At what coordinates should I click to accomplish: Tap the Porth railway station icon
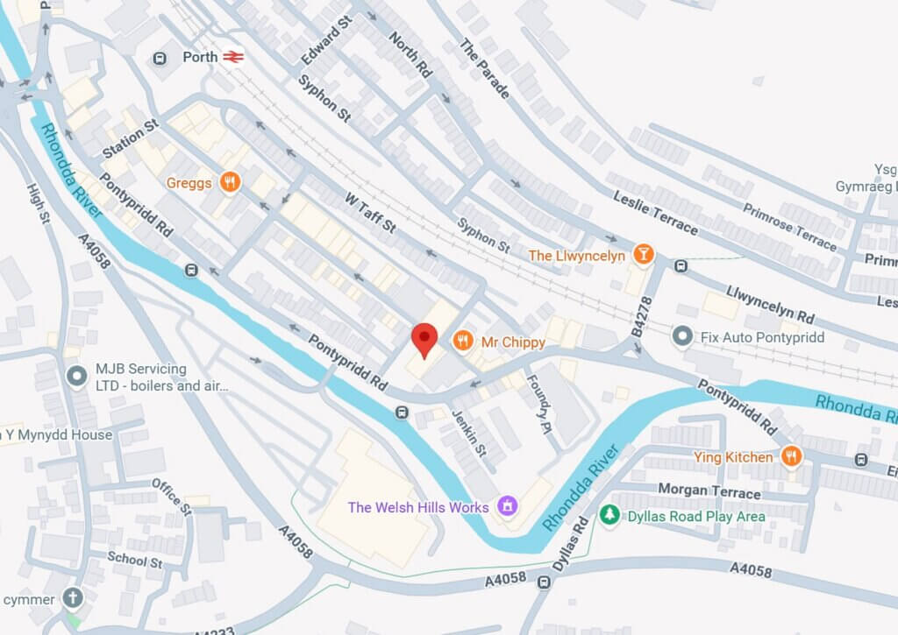[x=232, y=57]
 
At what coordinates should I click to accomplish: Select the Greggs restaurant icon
[x=231, y=182]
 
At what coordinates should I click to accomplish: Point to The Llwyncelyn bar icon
[x=644, y=255]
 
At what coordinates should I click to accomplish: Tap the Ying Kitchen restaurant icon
[x=791, y=456]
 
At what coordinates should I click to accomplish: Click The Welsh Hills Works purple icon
[x=506, y=506]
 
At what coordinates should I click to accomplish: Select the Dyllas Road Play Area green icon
[x=609, y=515]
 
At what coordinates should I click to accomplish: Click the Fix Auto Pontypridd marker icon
[x=682, y=335]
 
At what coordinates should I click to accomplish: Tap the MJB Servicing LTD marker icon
[x=76, y=377]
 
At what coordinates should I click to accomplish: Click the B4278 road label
[x=644, y=316]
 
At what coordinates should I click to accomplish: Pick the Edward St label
[x=325, y=39]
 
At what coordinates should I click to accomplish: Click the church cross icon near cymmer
[x=73, y=599]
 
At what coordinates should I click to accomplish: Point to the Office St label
[x=171, y=497]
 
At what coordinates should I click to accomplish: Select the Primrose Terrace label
[x=789, y=227]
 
